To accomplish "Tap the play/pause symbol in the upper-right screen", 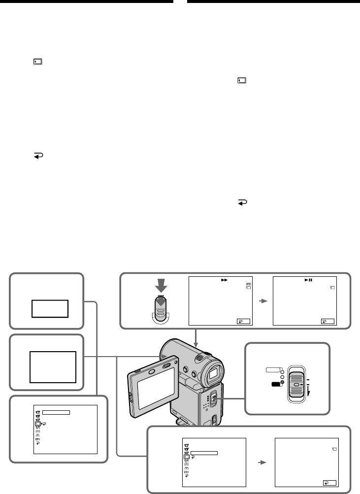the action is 308,280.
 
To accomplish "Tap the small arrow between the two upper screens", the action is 262,300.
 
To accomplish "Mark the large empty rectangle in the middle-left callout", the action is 53,367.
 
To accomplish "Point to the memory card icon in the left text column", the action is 38,62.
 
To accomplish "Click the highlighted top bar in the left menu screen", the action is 57,413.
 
